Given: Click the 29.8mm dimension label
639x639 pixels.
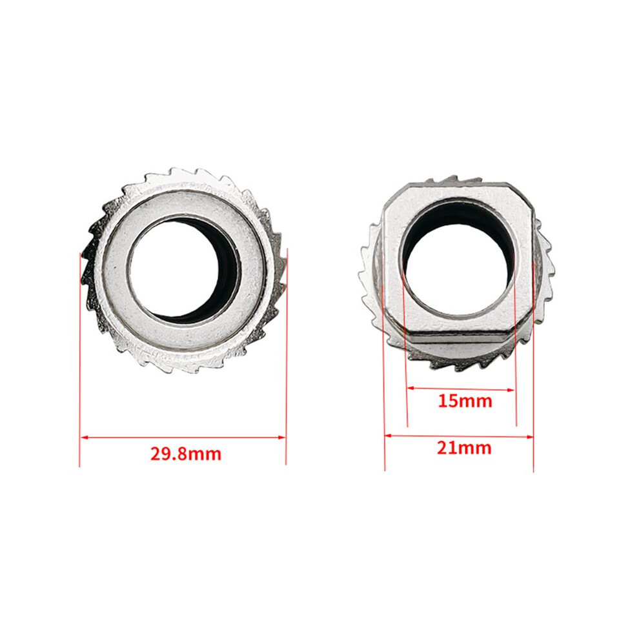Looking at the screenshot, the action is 186,454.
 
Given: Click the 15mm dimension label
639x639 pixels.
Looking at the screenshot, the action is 465,401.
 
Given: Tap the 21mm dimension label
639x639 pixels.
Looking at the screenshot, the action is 464,448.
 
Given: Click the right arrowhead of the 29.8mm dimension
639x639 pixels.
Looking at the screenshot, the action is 281,437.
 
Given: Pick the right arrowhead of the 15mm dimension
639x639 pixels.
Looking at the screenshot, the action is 511,390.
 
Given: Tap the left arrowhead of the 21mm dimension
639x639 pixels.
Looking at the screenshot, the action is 389,436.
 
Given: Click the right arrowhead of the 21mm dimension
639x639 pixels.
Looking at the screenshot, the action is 529,437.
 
